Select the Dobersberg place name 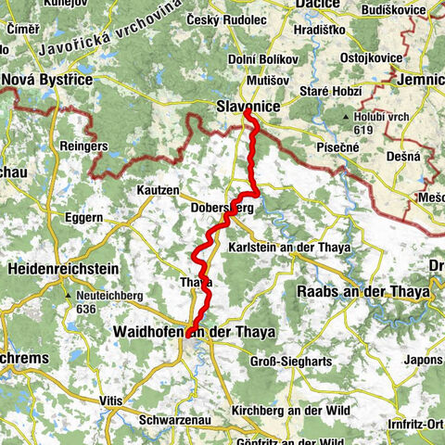point(222,209)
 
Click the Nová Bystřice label point(48,81)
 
